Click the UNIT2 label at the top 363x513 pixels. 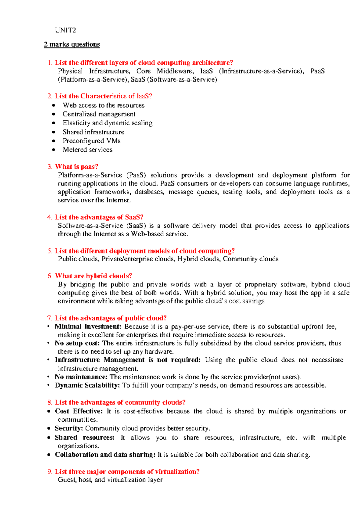coord(65,30)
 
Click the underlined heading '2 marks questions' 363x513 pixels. coord(72,44)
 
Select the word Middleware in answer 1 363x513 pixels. coord(175,71)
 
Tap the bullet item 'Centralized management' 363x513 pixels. coord(99,114)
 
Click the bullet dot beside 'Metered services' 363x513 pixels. coord(54,150)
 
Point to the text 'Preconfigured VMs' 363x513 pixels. coord(91,141)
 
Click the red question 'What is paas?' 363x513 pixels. coord(77,167)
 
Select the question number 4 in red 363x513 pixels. coord(50,217)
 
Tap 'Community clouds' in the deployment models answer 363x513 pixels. coord(250,259)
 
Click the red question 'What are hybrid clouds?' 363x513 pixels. coord(93,276)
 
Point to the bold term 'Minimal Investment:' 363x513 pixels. coord(88,326)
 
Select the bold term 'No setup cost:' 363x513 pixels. coord(77,343)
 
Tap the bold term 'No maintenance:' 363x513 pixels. coord(81,377)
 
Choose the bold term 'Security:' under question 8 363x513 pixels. coord(69,428)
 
